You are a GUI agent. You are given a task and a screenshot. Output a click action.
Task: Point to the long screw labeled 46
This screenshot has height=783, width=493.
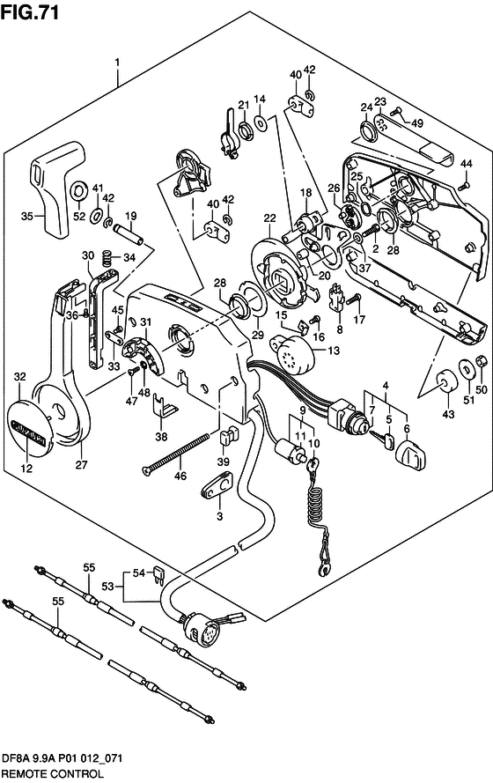[175, 453]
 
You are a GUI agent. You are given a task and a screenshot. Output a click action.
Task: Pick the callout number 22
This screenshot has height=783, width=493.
[269, 218]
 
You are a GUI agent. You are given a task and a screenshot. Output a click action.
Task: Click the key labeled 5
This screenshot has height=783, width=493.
[383, 440]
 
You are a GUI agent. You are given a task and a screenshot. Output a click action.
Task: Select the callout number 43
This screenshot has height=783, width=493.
[448, 413]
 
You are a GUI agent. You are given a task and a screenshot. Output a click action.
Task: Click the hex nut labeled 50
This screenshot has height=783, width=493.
[481, 359]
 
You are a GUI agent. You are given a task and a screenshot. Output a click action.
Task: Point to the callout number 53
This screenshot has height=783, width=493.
[107, 586]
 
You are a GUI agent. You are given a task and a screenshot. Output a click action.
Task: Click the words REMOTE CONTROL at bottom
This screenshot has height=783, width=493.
[53, 774]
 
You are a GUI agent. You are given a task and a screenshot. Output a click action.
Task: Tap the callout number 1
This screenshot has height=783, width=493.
[117, 63]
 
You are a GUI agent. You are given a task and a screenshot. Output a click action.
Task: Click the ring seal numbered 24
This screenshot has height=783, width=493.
[368, 131]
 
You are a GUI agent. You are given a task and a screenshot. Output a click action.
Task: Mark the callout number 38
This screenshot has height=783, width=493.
[161, 437]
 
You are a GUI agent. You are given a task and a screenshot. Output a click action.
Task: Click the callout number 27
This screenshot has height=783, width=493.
[81, 465]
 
